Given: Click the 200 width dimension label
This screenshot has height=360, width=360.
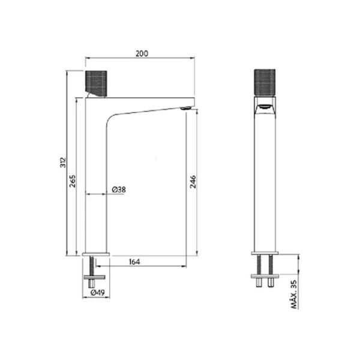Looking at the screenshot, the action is coord(142,53).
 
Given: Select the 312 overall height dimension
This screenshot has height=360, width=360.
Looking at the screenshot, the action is coord(63,163).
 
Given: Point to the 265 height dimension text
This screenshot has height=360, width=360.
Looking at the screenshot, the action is coord(73,181).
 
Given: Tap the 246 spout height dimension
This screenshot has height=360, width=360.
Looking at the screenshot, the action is coord(193,182).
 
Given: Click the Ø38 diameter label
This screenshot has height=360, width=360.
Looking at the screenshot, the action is coord(119,190).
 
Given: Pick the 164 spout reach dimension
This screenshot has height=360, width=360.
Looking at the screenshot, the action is coord(134,262).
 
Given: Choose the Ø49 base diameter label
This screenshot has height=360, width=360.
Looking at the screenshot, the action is coord(98,293).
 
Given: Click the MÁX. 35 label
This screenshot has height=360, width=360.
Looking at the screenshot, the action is coord(294,295).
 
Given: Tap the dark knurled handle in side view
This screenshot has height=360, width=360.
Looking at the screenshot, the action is coord(96,83).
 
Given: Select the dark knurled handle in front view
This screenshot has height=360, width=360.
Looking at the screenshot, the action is coord(265,82).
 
